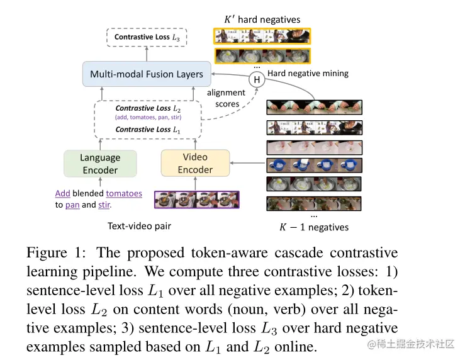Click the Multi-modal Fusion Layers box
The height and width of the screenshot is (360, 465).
(x=146, y=74)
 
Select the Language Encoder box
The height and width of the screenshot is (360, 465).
(x=100, y=164)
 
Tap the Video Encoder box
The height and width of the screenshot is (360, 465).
(x=195, y=163)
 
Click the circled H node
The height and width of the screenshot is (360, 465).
(x=257, y=80)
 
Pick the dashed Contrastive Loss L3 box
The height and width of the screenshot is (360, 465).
(x=145, y=37)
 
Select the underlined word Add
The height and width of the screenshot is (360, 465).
(x=62, y=193)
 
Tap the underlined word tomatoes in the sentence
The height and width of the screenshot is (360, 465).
(x=124, y=193)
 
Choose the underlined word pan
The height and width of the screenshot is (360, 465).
(x=72, y=205)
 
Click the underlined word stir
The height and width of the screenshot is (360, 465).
(x=106, y=205)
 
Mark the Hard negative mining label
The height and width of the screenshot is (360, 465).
(x=308, y=73)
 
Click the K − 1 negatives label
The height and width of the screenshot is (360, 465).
(x=314, y=227)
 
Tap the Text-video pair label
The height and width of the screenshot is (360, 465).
(x=139, y=225)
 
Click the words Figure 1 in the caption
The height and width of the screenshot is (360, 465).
(x=53, y=253)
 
